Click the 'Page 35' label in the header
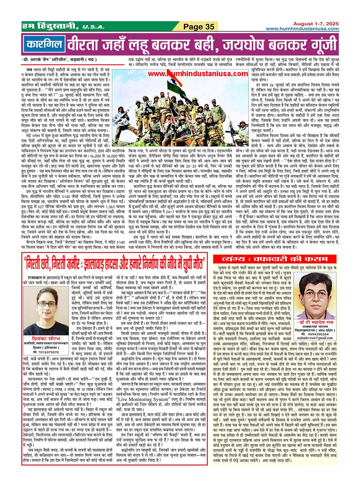pyautogui.click(x=199, y=27)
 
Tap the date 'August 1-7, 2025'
pyautogui.click(x=316, y=24)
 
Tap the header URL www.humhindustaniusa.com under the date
pyautogui.click(x=302, y=29)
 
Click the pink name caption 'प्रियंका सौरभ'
pyautogui.click(x=46, y=339)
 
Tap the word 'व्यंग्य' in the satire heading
pyautogui.click(x=234, y=259)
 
